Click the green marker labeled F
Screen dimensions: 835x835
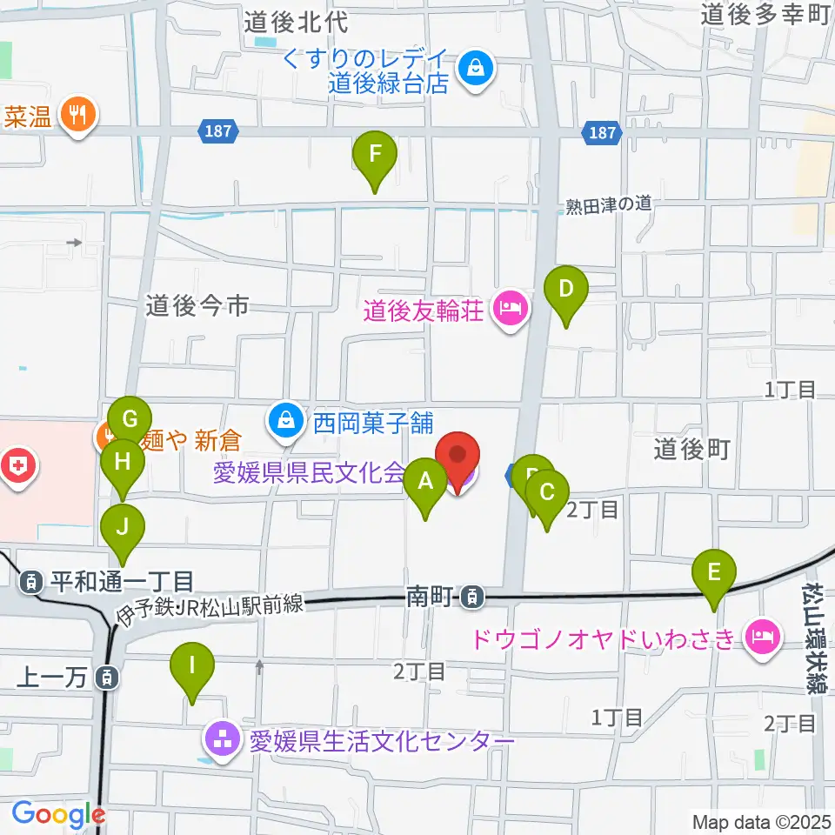[375, 155]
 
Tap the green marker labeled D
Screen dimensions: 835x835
[566, 289]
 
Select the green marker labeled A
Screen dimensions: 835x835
[425, 481]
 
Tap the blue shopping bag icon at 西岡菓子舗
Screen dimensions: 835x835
[284, 422]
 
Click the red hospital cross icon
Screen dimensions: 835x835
[17, 465]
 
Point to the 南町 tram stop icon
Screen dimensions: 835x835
[471, 597]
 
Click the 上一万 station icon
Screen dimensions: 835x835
[106, 677]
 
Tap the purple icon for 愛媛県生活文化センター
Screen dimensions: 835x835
[218, 741]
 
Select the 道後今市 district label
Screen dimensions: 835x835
[197, 305]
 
